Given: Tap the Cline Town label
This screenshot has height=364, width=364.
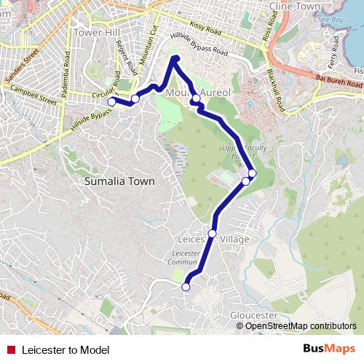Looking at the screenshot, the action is [x=296, y=7].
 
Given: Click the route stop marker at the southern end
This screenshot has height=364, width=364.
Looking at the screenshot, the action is [x=186, y=288].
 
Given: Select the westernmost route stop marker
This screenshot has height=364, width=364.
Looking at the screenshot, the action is [x=111, y=102].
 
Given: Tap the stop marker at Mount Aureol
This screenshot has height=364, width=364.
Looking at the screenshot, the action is [x=196, y=98].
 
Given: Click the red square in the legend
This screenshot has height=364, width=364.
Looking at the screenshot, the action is [x=11, y=349].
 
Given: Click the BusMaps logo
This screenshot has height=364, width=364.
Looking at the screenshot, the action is [x=329, y=349].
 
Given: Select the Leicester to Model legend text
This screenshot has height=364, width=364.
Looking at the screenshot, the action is [x=66, y=350].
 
